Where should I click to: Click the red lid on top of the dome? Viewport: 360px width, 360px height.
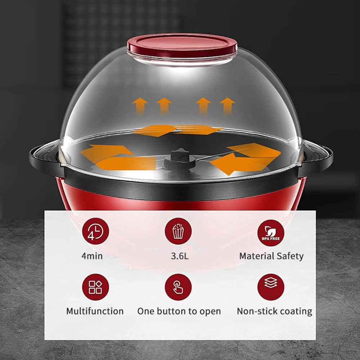(182, 45)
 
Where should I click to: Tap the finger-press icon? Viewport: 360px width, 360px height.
(178, 287)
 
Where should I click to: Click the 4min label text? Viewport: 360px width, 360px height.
(92, 256)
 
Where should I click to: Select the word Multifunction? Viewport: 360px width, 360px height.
(95, 311)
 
